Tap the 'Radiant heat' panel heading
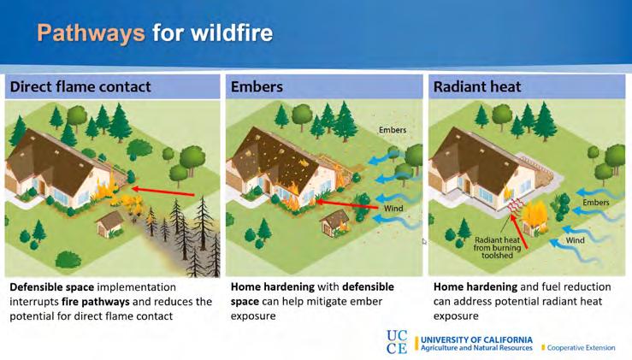click(x=477, y=86)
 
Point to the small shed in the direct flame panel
click(x=110, y=221)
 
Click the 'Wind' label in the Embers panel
click(x=394, y=207)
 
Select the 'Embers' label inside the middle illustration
click(x=395, y=130)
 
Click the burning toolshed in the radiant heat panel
click(x=535, y=218)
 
